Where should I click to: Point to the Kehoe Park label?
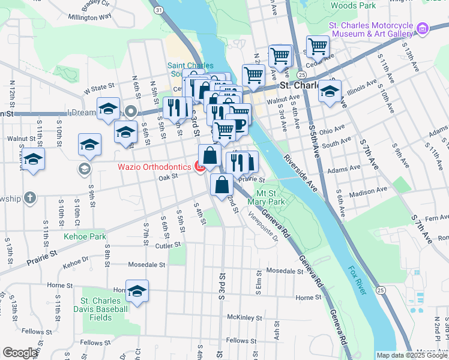pos(85,237)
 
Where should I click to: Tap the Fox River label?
pos(356,280)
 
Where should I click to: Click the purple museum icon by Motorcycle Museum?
pos(423,28)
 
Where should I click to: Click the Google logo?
pos(20,353)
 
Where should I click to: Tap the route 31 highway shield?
pos(158,10)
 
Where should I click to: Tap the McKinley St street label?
pos(243,317)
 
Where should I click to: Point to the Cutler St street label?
pos(168,245)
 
